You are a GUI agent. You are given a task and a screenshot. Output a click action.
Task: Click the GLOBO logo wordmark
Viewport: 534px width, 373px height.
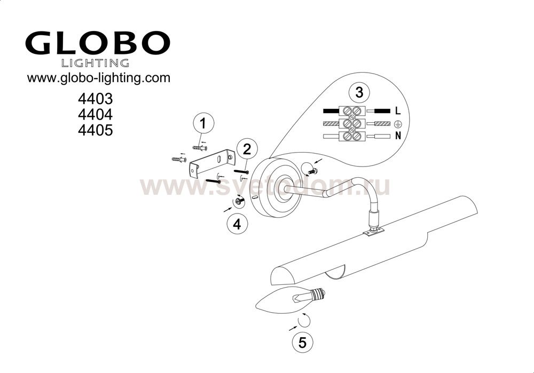[x=97, y=43]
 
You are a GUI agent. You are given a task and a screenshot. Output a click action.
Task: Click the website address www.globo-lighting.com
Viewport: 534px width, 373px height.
[x=98, y=78]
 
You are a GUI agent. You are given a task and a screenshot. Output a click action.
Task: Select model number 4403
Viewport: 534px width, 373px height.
[x=95, y=99]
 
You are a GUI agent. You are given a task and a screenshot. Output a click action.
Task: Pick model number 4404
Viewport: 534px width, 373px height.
[x=95, y=114]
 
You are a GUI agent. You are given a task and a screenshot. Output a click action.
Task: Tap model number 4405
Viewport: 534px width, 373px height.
[x=95, y=130]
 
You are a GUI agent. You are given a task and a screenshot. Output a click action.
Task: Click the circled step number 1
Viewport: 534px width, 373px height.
[x=203, y=124]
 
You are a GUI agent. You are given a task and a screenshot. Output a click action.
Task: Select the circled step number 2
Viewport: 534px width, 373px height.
[x=247, y=149]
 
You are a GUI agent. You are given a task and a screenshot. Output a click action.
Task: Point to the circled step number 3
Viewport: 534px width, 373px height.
[x=359, y=92]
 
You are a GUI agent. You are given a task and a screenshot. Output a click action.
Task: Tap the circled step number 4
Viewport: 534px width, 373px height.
[x=238, y=224]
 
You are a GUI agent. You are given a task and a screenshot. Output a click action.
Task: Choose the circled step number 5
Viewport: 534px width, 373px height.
[x=302, y=342]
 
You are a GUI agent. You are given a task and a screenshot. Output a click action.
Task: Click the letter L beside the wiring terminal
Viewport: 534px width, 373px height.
[x=398, y=111]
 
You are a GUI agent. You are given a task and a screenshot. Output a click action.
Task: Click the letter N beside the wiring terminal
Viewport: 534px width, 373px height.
[x=398, y=136]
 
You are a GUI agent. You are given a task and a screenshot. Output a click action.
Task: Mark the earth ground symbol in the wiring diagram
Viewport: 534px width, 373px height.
[x=397, y=124]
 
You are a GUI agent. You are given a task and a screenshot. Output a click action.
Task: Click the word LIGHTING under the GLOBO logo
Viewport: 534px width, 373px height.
[x=95, y=63]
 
